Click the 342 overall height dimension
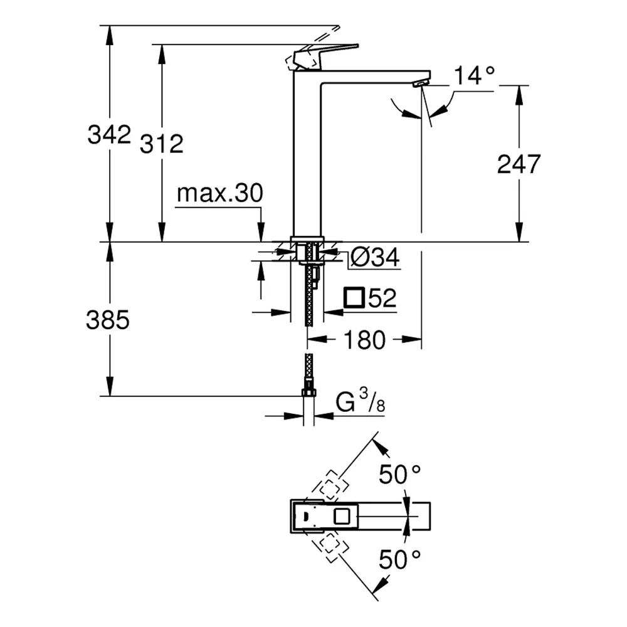pyautogui.click(x=109, y=134)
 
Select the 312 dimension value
pyautogui.click(x=162, y=144)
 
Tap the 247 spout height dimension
pyautogui.click(x=519, y=164)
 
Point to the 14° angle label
pyautogui.click(x=475, y=75)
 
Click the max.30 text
pyautogui.click(x=219, y=193)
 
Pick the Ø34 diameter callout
pyautogui.click(x=375, y=257)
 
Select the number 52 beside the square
pyautogui.click(x=382, y=297)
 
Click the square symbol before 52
pyautogui.click(x=354, y=297)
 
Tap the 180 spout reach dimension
pyautogui.click(x=364, y=340)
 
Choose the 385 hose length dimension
pyautogui.click(x=108, y=320)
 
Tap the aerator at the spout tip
pyautogui.click(x=421, y=83)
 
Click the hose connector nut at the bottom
pyautogui.click(x=308, y=393)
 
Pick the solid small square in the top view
pyautogui.click(x=342, y=516)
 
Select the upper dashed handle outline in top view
pyautogui.click(x=330, y=485)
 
